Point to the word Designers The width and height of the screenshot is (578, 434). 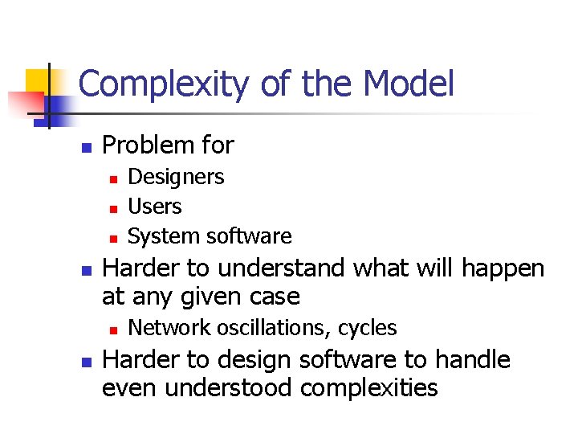[176, 177]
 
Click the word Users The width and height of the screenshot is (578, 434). [155, 207]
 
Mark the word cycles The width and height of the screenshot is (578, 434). [367, 328]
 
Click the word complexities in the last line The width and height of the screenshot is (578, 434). [368, 388]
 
